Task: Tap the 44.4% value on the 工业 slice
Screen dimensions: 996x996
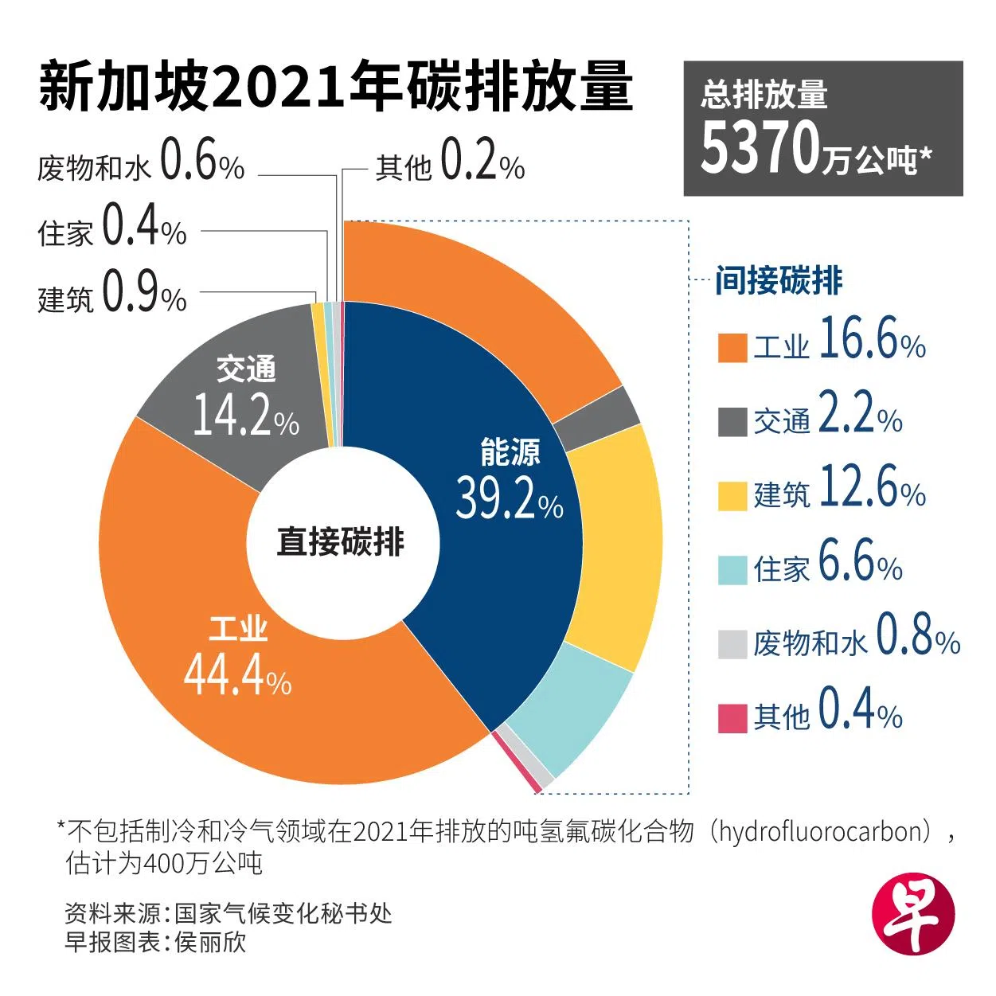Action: click(237, 676)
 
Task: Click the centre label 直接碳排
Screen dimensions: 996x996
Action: click(341, 541)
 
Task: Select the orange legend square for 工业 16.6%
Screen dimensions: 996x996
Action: click(732, 348)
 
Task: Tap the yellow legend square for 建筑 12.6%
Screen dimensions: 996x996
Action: click(732, 496)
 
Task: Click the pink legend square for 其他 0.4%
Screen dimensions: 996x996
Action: click(732, 717)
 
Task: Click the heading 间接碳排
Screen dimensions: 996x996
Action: click(778, 281)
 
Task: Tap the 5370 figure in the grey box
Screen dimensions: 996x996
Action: click(760, 149)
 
